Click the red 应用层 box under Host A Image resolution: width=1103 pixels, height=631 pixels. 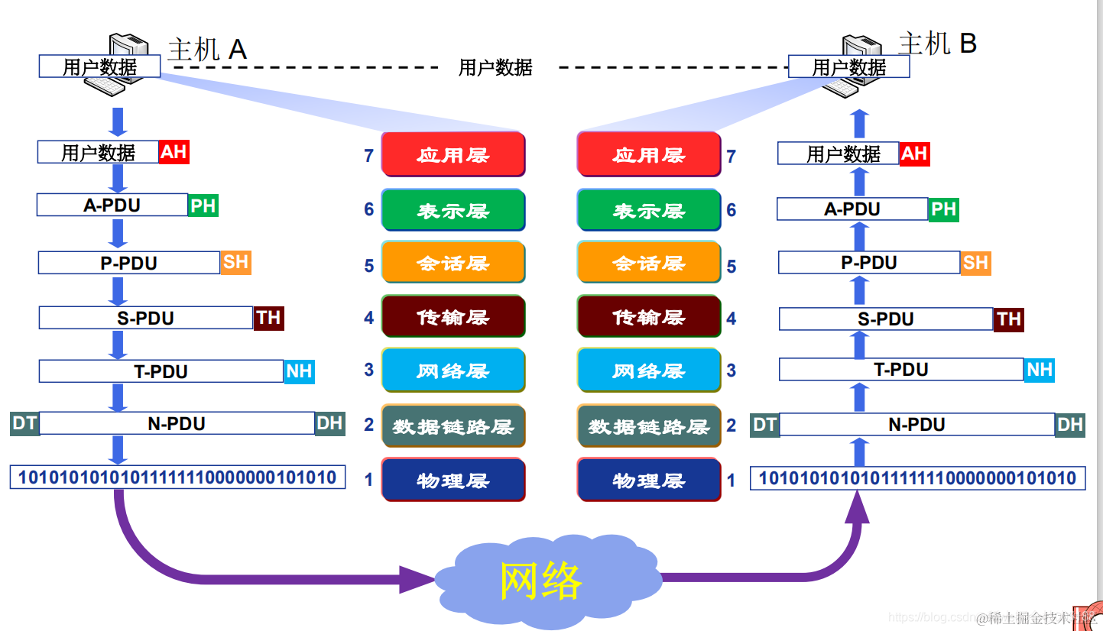click(453, 154)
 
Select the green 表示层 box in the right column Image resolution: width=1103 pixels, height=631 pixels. click(649, 210)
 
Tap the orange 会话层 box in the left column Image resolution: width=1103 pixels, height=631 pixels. click(453, 263)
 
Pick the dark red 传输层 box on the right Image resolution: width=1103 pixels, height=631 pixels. click(649, 316)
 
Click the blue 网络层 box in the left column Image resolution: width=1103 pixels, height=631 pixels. click(453, 371)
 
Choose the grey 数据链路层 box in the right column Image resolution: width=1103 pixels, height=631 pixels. click(649, 426)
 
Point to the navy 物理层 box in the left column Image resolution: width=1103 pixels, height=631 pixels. click(453, 480)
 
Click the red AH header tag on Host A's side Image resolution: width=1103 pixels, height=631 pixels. click(174, 152)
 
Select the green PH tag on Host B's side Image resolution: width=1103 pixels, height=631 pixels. click(943, 209)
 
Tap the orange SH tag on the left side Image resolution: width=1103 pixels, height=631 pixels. click(235, 262)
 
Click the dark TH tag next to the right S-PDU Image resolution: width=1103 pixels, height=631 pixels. click(1008, 319)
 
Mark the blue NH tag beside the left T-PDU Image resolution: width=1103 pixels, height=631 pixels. click(299, 371)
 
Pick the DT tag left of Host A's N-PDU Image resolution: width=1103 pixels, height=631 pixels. click(24, 423)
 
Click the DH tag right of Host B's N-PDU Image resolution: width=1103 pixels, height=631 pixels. click(1070, 425)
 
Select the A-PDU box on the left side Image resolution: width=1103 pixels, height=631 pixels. click(112, 205)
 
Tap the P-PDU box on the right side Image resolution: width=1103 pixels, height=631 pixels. click(869, 263)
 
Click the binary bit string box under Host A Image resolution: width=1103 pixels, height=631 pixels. click(177, 478)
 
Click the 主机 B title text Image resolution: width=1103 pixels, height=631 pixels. click(937, 44)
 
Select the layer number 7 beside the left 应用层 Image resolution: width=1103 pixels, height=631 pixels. click(369, 156)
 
